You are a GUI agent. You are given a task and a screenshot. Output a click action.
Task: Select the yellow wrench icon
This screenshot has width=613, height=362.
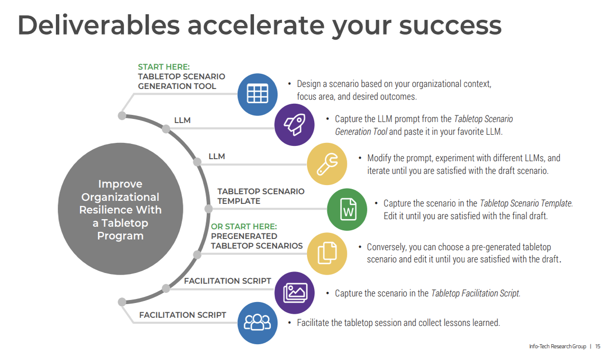tap(327, 164)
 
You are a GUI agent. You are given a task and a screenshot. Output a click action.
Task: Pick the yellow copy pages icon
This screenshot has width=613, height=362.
tap(327, 253)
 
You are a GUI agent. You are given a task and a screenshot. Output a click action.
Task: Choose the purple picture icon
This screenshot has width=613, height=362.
tap(294, 293)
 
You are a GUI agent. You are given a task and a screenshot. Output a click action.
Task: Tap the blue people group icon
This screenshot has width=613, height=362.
tap(258, 322)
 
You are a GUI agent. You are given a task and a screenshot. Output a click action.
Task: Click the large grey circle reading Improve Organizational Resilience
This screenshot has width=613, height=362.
tap(121, 209)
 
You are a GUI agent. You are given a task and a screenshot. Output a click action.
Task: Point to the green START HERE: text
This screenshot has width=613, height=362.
tap(164, 67)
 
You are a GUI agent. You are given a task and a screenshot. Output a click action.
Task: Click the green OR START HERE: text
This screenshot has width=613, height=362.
tap(244, 227)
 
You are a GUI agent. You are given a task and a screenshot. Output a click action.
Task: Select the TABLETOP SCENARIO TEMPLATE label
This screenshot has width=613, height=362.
tap(261, 196)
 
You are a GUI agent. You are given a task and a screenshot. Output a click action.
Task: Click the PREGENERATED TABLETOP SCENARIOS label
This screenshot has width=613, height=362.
tap(257, 241)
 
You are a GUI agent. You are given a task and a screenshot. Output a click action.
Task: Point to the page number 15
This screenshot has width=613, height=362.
tap(598, 347)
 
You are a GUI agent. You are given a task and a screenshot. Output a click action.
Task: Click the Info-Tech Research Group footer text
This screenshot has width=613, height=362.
tap(558, 347)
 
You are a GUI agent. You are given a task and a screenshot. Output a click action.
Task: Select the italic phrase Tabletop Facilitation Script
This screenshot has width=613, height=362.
tap(476, 293)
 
